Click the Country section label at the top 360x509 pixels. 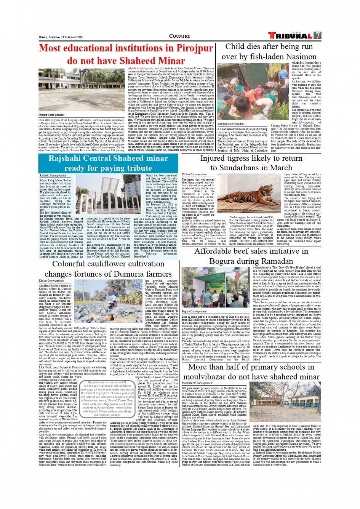coord(179,36)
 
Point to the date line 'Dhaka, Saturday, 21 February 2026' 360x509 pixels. coord(61,37)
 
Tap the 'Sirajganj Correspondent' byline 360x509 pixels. coord(231,124)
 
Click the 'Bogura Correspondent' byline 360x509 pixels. coord(194,311)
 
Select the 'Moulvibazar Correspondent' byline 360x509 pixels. coord(197,383)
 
